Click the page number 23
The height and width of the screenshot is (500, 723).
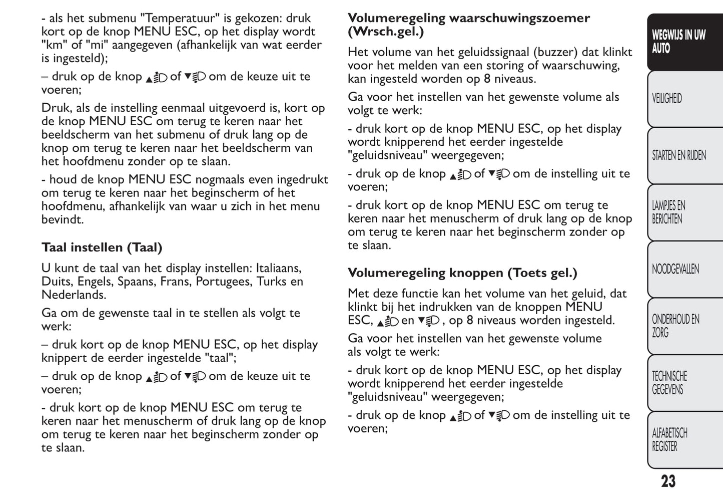[668, 481]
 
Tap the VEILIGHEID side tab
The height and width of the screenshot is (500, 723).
[667, 99]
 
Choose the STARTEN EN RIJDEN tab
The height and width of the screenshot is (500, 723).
[678, 155]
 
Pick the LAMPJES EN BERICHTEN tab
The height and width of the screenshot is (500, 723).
[668, 212]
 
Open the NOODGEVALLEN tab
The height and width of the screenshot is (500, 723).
[675, 269]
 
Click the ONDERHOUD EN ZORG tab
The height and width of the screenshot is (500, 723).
[675, 326]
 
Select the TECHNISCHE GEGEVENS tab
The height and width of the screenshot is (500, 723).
[669, 383]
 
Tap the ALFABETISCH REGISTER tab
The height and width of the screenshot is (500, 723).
[669, 440]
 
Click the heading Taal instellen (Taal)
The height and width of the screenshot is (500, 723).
[102, 247]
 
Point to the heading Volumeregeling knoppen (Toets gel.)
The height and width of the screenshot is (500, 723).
[462, 273]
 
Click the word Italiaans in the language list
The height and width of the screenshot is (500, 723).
[279, 269]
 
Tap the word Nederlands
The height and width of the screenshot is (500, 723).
[74, 295]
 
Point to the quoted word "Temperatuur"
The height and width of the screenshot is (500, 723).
[182, 19]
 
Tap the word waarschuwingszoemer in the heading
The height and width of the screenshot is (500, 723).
[519, 19]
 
